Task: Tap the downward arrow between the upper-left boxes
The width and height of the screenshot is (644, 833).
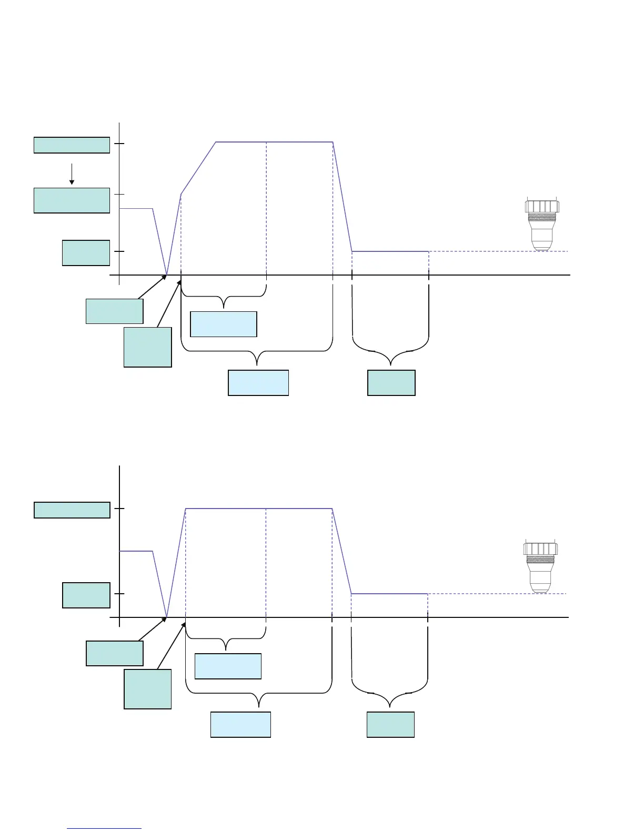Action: [72, 174]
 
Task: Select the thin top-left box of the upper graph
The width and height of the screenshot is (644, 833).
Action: [72, 145]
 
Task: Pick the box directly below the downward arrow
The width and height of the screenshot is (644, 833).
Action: [72, 200]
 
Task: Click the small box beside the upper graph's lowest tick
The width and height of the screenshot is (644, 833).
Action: [86, 253]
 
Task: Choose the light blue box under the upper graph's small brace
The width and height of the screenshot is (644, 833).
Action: [223, 324]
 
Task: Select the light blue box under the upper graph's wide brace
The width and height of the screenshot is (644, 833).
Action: [258, 382]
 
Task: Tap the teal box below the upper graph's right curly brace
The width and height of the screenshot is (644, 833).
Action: [391, 382]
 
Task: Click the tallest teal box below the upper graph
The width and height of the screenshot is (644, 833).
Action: [147, 347]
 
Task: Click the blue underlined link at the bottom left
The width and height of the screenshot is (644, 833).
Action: [105, 828]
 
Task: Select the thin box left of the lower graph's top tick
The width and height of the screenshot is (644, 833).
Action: [72, 510]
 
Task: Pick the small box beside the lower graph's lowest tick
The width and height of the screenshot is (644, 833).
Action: [86, 595]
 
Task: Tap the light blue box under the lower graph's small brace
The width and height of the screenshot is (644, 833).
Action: [228, 666]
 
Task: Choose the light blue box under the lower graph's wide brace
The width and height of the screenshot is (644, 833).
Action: [240, 724]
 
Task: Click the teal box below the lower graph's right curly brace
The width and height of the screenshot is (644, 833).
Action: [390, 724]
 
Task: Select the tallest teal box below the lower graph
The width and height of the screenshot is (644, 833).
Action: [147, 689]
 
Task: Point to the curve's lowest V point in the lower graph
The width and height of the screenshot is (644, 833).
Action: [167, 616]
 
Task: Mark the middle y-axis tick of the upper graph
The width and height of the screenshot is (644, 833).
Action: [120, 194]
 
